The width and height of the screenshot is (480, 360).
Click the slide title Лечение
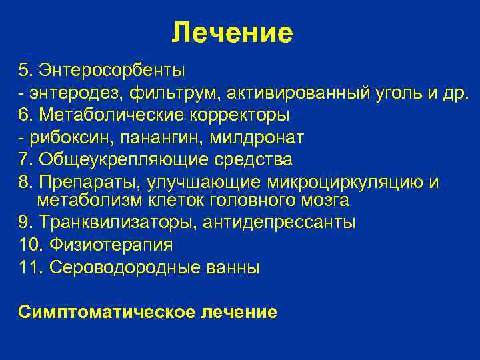[232, 32]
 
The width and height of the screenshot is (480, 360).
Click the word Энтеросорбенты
[111, 70]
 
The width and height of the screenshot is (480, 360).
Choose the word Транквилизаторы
[115, 222]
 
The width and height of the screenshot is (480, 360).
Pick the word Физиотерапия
[107, 245]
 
